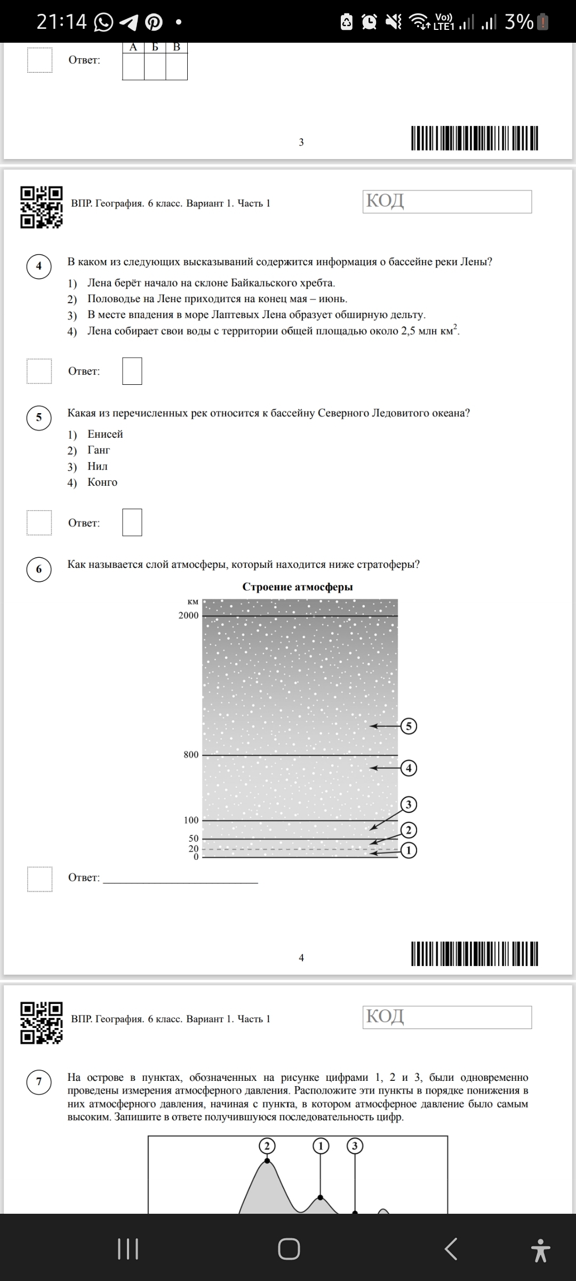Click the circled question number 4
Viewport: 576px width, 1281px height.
click(x=39, y=266)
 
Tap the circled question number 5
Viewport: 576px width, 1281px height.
click(x=39, y=417)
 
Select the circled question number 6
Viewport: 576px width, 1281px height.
click(x=39, y=569)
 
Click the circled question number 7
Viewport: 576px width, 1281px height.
click(x=39, y=1081)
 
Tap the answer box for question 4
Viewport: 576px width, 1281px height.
click(x=132, y=371)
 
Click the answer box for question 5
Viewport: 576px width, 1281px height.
click(x=132, y=522)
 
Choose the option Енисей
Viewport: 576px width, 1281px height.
click(x=105, y=434)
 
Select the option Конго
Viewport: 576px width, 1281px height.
click(x=102, y=482)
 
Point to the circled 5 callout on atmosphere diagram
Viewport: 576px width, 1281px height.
click(x=409, y=726)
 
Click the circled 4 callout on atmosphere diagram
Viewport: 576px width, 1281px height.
click(x=409, y=768)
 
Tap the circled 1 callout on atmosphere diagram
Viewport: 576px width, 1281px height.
click(x=409, y=850)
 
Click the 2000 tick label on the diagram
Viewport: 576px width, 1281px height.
click(x=188, y=615)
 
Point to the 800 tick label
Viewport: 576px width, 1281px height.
click(x=191, y=755)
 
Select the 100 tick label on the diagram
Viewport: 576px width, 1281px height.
click(x=191, y=820)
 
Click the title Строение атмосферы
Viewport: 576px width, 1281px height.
click(x=298, y=587)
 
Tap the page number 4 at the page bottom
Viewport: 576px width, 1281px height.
click(x=301, y=958)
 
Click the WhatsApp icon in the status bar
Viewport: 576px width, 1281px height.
click(x=103, y=22)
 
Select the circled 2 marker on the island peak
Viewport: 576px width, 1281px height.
click(x=267, y=1146)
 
